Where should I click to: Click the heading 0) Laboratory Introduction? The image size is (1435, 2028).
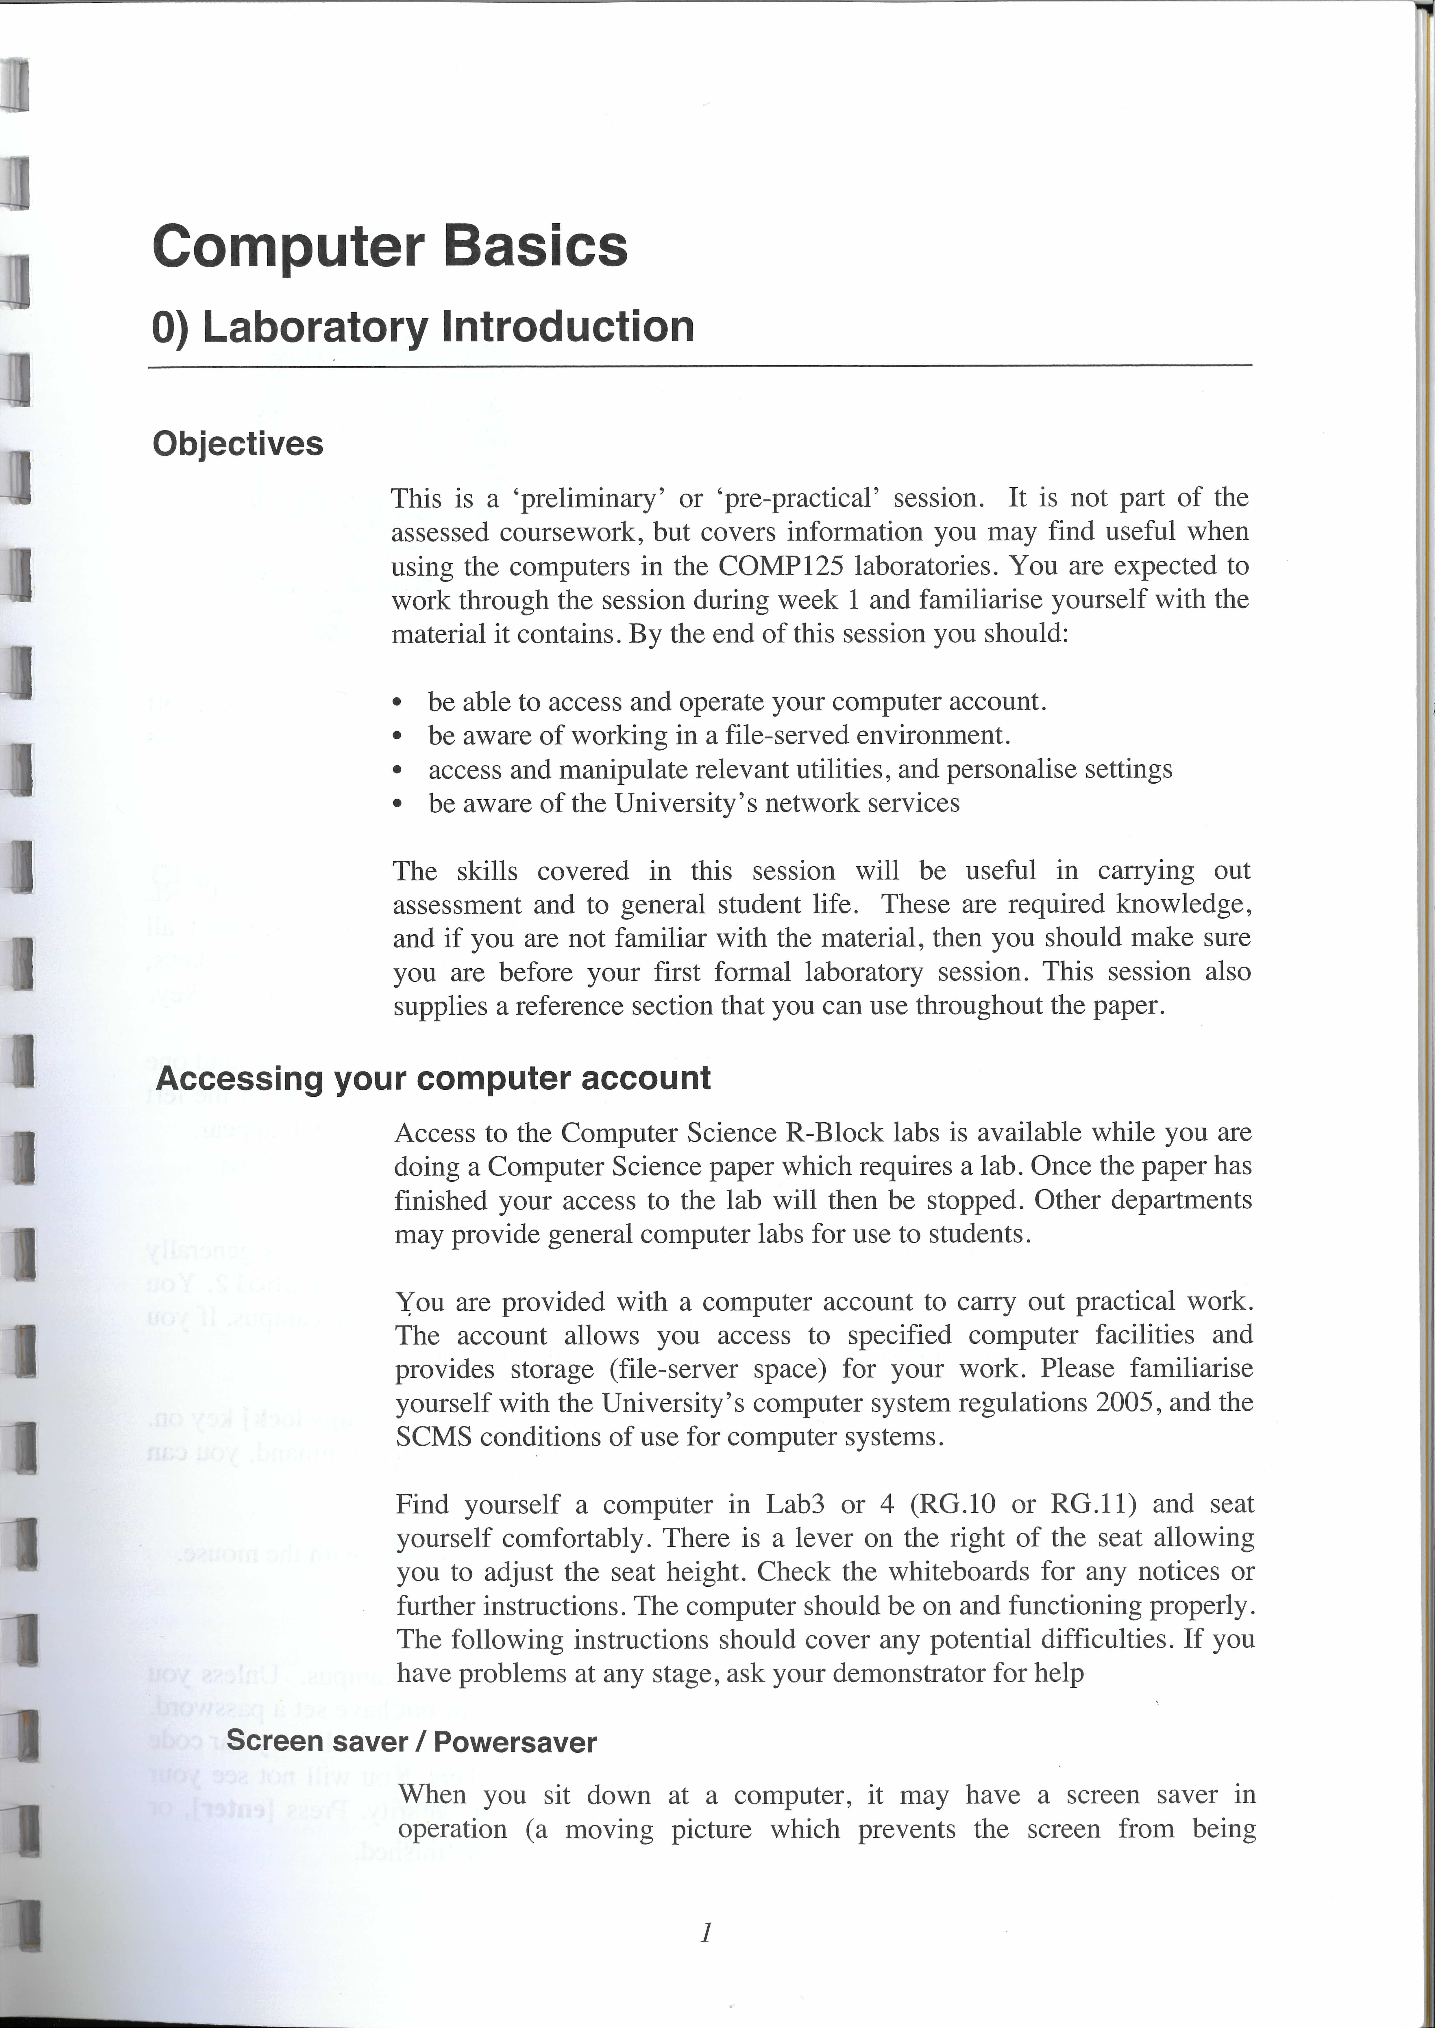(423, 327)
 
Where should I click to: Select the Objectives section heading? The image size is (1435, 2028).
(238, 443)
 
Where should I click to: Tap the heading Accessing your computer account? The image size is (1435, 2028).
(433, 1078)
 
